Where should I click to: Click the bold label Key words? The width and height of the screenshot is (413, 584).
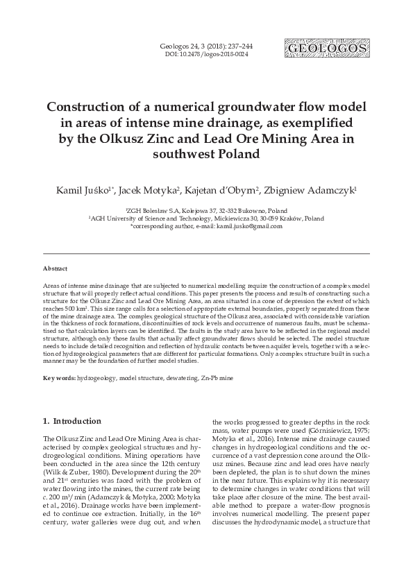(58, 377)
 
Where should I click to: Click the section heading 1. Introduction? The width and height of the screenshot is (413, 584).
(72, 421)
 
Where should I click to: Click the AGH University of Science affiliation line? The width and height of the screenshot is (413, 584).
(206, 217)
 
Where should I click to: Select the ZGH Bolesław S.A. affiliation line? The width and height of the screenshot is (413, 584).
(206, 209)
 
